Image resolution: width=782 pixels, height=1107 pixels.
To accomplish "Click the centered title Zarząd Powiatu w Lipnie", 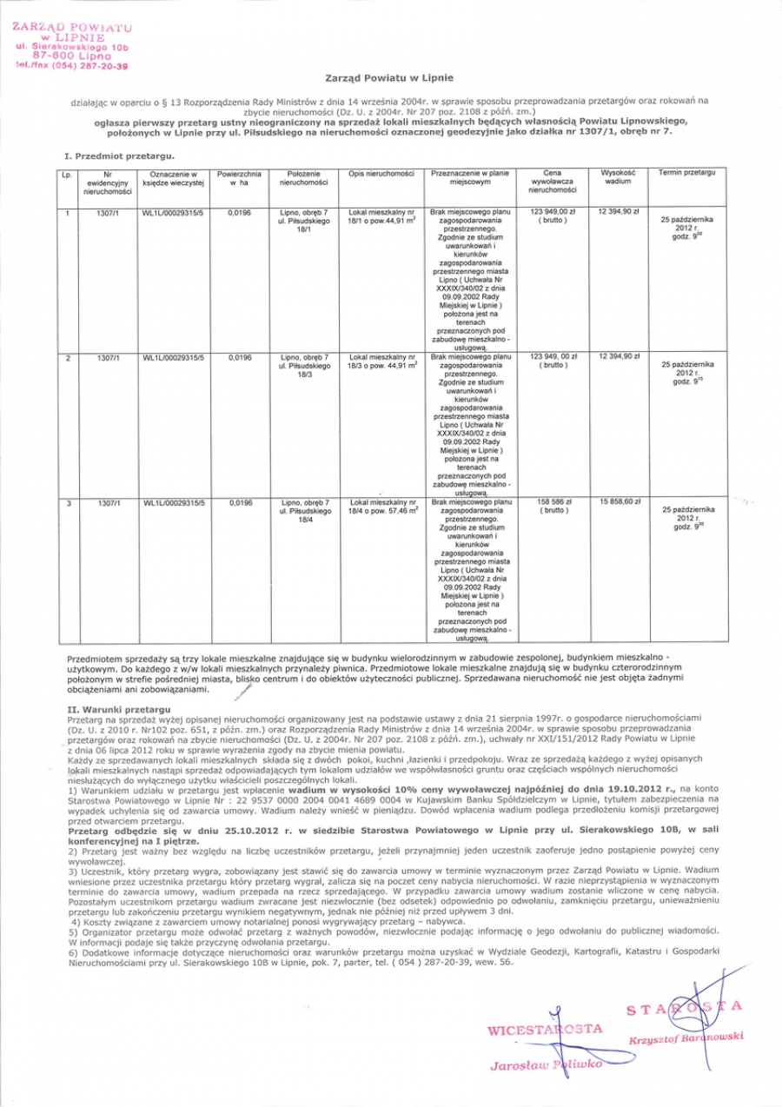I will [x=391, y=78].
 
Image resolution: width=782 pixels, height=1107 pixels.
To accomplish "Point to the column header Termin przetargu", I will [x=686, y=174].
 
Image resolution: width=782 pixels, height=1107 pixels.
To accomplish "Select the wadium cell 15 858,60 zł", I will [x=619, y=502].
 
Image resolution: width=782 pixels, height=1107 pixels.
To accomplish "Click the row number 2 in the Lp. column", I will [x=68, y=356].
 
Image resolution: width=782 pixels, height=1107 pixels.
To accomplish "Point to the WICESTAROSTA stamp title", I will [x=546, y=1029].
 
